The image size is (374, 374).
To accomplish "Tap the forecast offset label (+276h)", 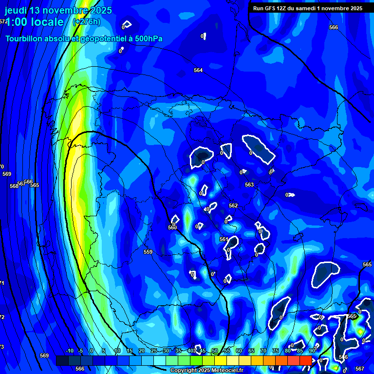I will click(86, 22).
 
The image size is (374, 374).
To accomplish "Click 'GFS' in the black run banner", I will click(269, 8).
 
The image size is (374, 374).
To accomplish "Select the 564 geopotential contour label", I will click(198, 71).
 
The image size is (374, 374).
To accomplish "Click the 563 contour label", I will click(249, 185).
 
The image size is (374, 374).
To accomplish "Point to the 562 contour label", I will click(233, 206).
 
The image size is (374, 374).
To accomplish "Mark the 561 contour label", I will click(224, 239).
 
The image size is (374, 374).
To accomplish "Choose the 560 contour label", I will click(172, 227).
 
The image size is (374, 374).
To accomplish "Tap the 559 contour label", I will click(148, 252).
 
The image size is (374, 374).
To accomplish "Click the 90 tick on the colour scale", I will click(312, 351).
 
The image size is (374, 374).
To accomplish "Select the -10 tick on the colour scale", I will click(69, 351).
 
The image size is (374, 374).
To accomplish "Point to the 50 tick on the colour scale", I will click(215, 351).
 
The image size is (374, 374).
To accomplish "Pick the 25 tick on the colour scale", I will click(154, 351).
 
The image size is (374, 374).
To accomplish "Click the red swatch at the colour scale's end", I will click(305, 360).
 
